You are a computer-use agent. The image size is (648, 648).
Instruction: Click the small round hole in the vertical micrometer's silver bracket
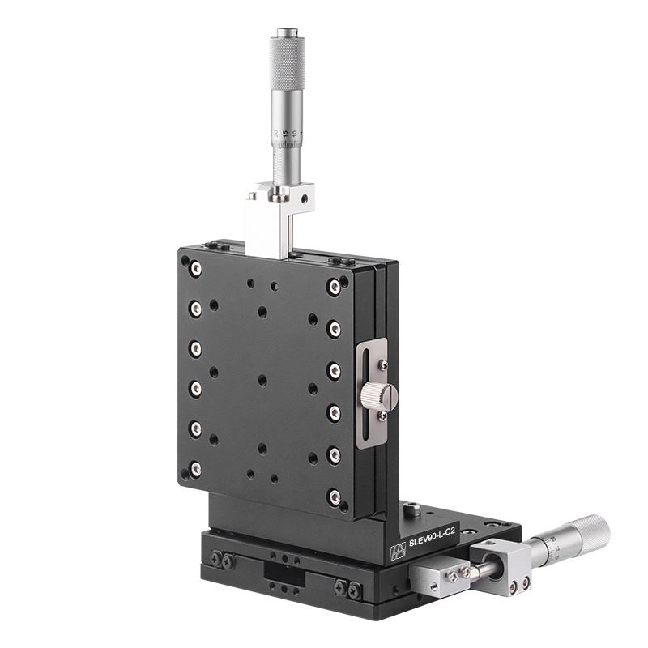[x=305, y=197]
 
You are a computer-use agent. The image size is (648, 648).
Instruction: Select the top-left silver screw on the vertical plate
[x=195, y=268]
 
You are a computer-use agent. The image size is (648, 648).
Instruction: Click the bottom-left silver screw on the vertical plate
[x=195, y=468]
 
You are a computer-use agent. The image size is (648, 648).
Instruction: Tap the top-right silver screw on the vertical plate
[x=334, y=286]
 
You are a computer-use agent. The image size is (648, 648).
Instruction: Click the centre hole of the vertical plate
[x=262, y=379]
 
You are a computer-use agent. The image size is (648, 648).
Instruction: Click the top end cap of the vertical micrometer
[x=287, y=33]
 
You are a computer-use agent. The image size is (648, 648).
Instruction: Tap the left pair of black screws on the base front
[x=223, y=559]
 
